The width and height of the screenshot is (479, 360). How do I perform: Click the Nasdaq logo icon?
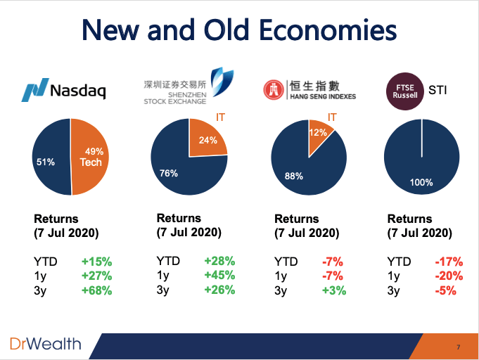[x=35, y=90]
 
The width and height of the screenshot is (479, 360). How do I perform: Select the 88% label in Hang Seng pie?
[x=293, y=176]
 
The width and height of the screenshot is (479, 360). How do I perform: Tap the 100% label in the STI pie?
[x=421, y=182]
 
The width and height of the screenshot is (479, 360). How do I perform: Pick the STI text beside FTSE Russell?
[x=438, y=90]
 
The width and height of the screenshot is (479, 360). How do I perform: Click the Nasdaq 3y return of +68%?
[x=96, y=290]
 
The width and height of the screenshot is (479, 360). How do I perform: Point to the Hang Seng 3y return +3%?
[x=334, y=290]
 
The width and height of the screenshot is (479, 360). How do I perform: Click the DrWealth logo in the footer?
[x=46, y=344]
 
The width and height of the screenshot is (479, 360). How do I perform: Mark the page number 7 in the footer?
[x=458, y=347]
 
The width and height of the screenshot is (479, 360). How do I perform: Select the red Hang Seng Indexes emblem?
[x=273, y=90]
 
